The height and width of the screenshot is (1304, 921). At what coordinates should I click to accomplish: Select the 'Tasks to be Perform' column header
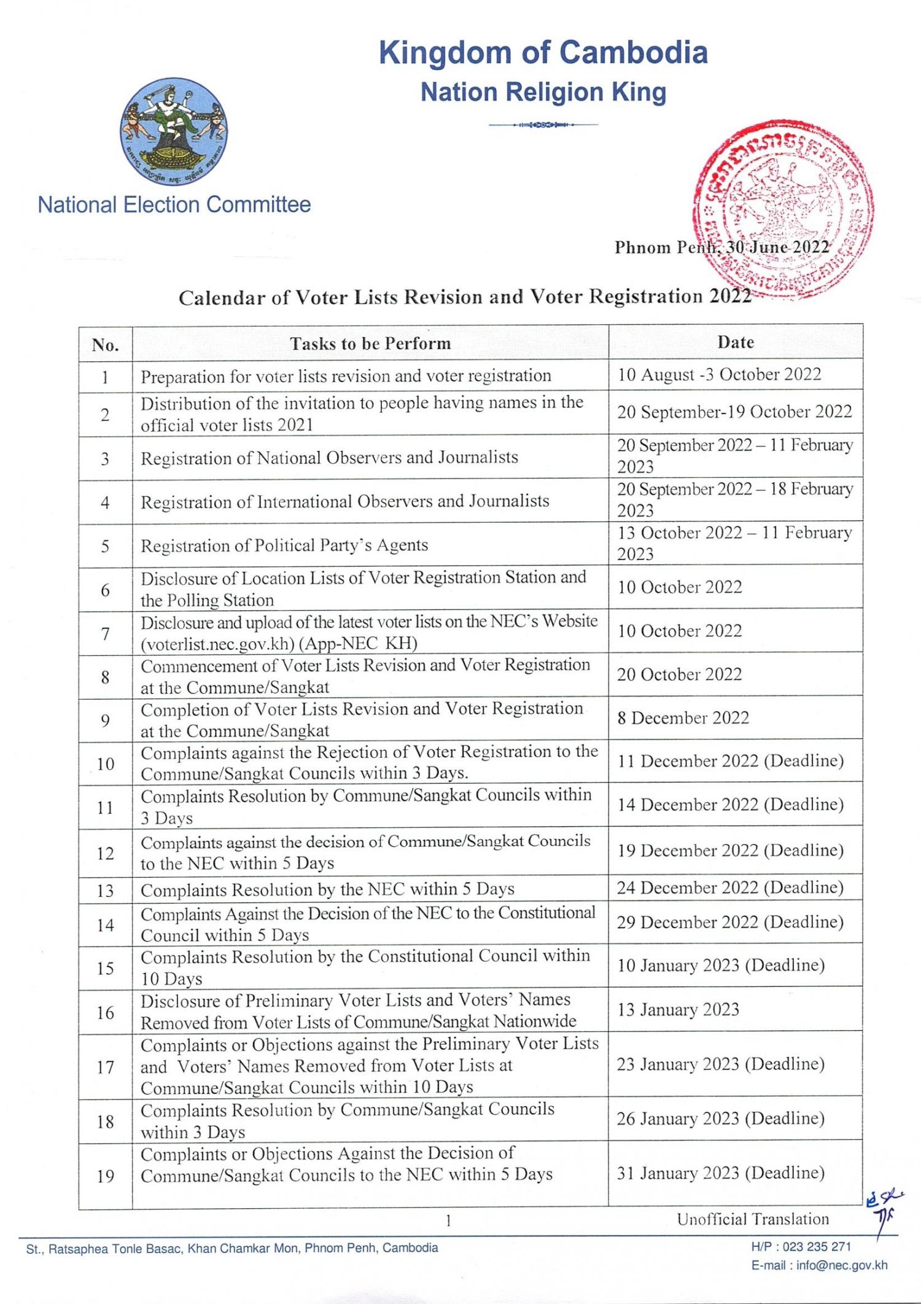point(370,343)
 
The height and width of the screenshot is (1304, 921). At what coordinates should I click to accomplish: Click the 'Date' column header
point(735,342)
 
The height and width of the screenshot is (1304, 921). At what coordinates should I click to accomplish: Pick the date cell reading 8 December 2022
point(683,718)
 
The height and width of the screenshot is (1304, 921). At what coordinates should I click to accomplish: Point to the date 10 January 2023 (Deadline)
point(720,965)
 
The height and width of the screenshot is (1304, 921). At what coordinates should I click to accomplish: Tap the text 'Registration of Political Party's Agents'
point(284,545)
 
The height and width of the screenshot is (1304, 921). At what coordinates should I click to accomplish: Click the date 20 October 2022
point(679,674)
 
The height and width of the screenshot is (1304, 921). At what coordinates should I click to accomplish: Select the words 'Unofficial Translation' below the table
point(752,1219)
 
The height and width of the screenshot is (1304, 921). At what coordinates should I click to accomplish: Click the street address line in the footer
point(232,1248)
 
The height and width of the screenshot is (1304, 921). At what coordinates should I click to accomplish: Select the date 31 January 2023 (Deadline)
point(720,1173)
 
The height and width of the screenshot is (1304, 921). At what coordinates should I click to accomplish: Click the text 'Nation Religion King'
point(543,92)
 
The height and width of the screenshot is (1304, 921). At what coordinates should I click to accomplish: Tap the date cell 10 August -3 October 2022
point(719,375)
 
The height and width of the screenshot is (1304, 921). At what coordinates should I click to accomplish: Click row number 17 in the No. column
point(105,1067)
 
